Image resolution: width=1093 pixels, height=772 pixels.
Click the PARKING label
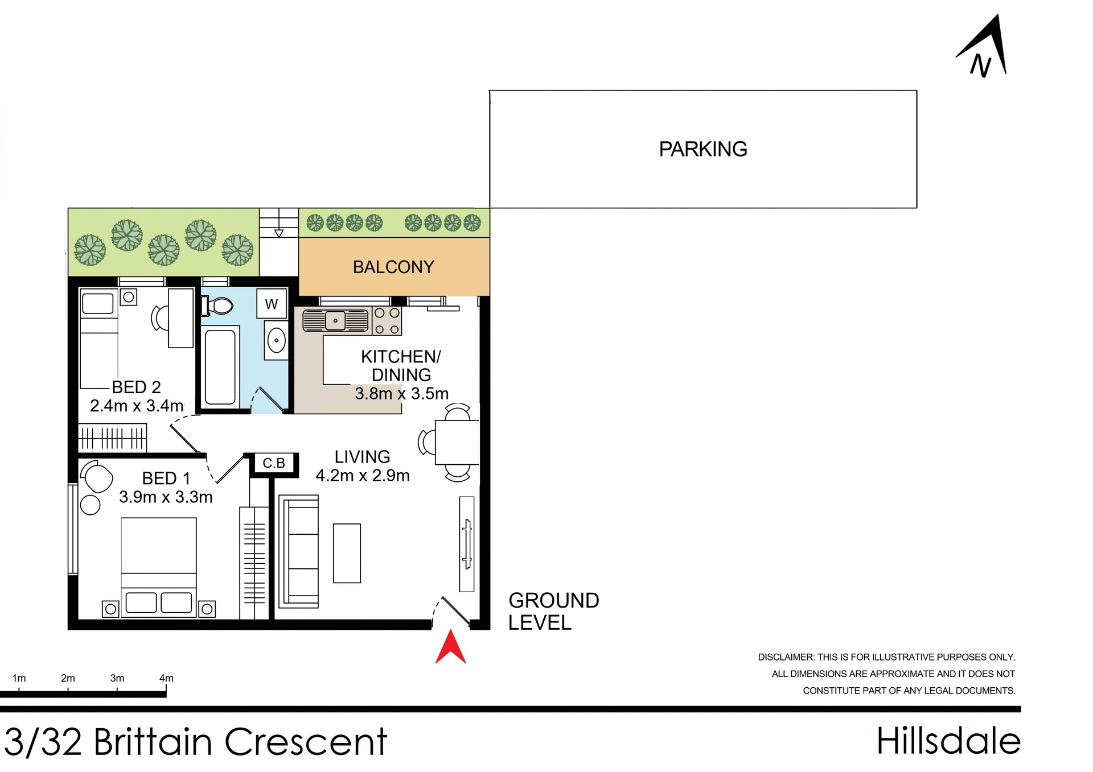702,149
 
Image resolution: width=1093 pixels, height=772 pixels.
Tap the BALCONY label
393,267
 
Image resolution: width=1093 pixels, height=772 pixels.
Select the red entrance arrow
450,648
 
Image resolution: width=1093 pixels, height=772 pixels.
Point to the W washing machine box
272,304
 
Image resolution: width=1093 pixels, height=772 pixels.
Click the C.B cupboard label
274,463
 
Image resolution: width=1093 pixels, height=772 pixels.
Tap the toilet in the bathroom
217,306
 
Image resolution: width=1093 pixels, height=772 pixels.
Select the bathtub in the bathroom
220,367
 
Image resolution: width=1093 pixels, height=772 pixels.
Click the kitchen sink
336,321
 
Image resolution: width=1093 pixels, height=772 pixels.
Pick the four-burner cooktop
387,321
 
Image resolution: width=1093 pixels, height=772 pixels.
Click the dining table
457,443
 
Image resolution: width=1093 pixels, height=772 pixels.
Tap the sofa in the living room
299,551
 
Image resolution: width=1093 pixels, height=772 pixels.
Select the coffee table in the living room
347,553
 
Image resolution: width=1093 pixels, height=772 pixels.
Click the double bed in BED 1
159,566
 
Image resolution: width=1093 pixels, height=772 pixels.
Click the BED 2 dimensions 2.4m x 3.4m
137,406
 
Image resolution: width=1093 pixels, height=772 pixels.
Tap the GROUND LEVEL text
553,612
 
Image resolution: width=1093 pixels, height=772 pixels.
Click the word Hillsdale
948,741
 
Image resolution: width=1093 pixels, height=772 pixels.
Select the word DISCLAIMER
785,657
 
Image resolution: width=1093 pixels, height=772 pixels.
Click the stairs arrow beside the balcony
279,233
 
